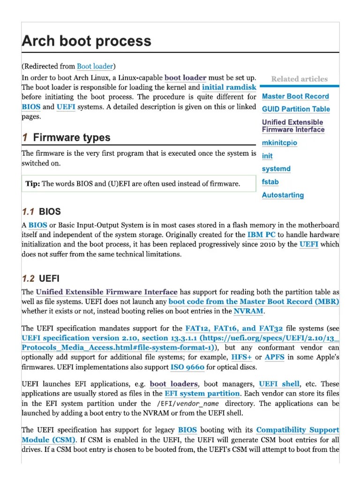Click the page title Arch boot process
(x=87, y=41)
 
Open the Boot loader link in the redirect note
(x=95, y=67)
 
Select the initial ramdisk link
(x=229, y=87)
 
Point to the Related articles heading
(x=299, y=79)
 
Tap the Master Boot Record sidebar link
(x=295, y=97)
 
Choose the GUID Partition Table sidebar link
(x=296, y=109)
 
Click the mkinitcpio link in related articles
(x=279, y=143)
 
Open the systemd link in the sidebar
(x=276, y=169)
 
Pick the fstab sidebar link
(x=270, y=182)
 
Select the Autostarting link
(x=283, y=195)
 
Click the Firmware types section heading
(x=71, y=138)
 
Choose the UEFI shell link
(x=279, y=384)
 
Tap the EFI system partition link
(x=202, y=394)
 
